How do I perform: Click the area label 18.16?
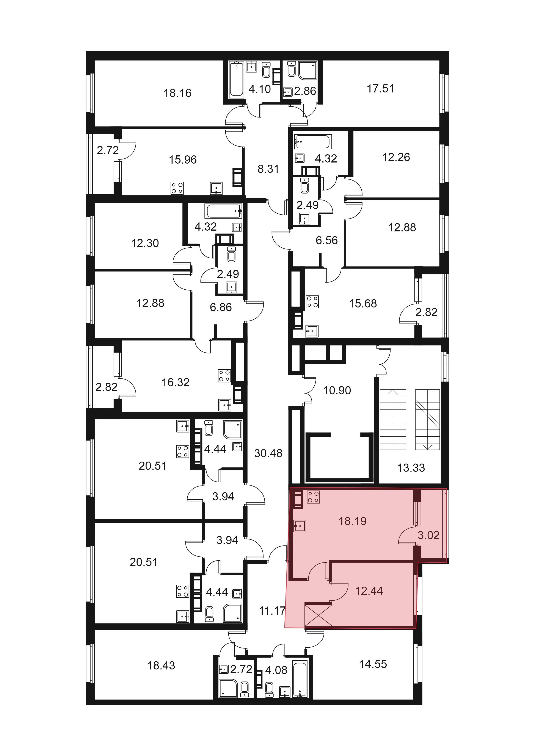tap(177, 93)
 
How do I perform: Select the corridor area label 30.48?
tap(268, 453)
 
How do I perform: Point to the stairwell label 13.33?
tap(411, 468)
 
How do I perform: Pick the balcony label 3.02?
tap(429, 535)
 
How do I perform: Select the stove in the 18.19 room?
tap(313, 497)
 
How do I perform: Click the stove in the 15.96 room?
tap(177, 188)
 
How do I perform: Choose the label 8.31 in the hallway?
tap(268, 169)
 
